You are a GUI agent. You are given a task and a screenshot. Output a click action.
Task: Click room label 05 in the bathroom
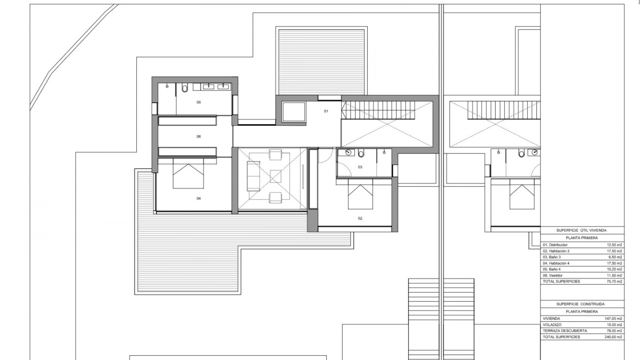pos(199,102)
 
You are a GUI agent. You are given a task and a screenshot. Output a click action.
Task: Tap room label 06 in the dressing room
pos(199,137)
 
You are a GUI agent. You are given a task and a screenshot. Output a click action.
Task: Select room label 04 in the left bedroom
pos(199,199)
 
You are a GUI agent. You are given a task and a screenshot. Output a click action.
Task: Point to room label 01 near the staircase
pos(326,111)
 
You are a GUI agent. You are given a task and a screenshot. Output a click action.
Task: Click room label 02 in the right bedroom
pos(360,219)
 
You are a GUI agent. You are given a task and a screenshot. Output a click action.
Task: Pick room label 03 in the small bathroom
pos(360,167)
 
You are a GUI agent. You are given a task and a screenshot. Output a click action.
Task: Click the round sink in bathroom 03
pos(349,153)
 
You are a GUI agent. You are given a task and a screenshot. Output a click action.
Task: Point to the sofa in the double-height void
pos(253,176)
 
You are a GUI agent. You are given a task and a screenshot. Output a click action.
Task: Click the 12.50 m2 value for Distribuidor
pos(614,245)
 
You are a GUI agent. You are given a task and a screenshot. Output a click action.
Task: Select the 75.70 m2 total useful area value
pos(614,282)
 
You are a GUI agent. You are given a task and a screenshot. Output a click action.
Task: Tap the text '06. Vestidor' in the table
pos(553,276)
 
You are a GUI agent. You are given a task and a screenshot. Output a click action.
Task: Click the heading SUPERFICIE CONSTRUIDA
pos(580,304)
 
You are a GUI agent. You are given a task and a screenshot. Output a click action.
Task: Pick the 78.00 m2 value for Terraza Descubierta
pos(614,331)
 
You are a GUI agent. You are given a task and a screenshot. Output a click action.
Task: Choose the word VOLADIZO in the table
pos(552,325)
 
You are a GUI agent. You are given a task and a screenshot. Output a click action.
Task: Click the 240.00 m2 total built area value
pos(614,337)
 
